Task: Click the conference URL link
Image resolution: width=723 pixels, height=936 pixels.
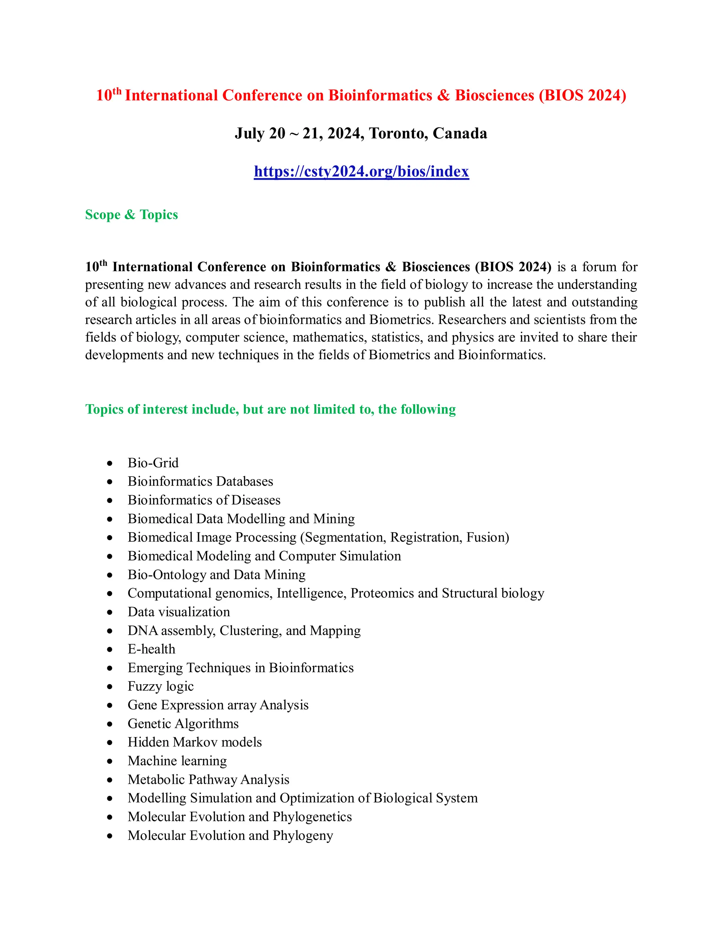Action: pyautogui.click(x=361, y=171)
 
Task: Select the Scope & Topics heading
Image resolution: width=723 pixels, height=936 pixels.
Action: pyautogui.click(x=131, y=214)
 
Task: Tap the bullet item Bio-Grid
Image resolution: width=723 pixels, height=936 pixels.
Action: pyautogui.click(x=153, y=463)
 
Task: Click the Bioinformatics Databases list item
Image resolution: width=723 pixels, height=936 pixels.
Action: pyautogui.click(x=200, y=481)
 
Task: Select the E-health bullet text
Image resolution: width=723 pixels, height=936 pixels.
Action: pyautogui.click(x=151, y=649)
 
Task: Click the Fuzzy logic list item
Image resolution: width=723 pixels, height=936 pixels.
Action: pyautogui.click(x=161, y=686)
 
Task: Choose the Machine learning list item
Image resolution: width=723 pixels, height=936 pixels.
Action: pyautogui.click(x=177, y=761)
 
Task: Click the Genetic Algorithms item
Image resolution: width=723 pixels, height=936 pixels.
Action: pyautogui.click(x=183, y=723)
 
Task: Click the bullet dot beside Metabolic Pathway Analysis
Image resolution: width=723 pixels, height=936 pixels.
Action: pyautogui.click(x=110, y=780)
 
